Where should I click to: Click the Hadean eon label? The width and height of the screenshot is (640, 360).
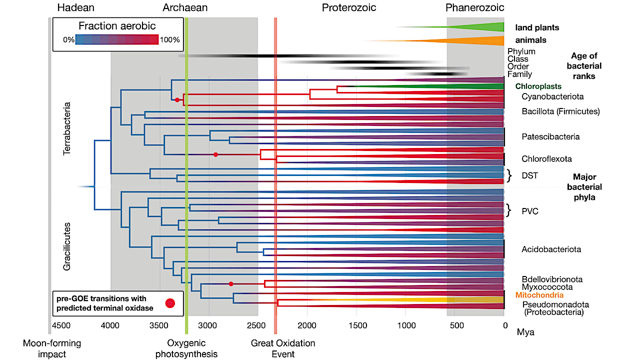tap(75, 7)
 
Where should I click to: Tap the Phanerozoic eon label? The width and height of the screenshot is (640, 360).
tap(474, 7)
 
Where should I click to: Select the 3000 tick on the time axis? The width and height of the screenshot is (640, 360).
tap(207, 325)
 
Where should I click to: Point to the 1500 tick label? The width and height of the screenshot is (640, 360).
tap(357, 325)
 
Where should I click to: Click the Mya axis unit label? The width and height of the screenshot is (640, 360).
tap(525, 332)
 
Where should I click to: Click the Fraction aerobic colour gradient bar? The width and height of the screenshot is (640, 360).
tap(117, 39)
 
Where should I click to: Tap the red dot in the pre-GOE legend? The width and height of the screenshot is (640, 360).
tap(170, 303)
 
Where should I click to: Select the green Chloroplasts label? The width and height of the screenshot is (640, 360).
tap(538, 86)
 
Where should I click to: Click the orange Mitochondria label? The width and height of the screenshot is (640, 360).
tap(539, 295)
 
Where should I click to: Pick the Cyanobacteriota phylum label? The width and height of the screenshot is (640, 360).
tap(552, 96)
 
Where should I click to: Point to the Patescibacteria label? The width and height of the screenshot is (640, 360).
tap(550, 136)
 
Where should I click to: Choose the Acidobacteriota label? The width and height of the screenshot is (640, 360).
tap(551, 249)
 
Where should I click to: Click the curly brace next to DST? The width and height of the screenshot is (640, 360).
tap(509, 175)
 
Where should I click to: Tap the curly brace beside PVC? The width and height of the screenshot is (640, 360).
tap(508, 210)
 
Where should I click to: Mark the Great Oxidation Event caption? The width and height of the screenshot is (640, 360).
tap(283, 348)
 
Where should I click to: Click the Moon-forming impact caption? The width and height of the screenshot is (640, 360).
tap(52, 348)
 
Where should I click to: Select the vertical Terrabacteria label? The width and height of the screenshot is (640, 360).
tap(66, 128)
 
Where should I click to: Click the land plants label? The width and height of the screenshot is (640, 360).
tap(537, 27)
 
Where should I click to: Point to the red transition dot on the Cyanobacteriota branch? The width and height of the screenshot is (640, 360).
tap(177, 100)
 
